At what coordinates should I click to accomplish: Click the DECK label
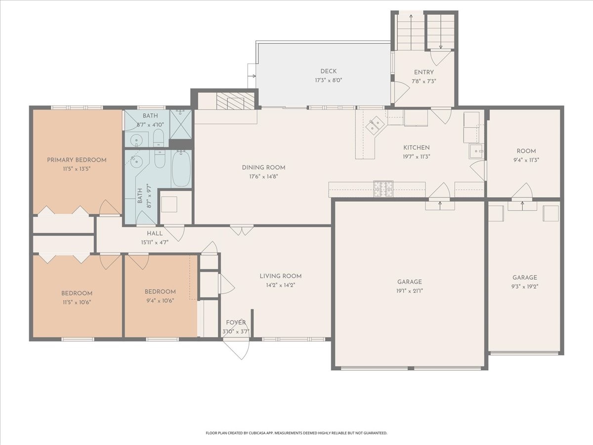[x=328, y=71]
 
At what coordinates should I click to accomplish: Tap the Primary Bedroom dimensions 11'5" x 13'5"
[x=77, y=169]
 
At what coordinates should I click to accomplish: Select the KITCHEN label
[x=416, y=148]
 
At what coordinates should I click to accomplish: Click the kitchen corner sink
[x=374, y=125]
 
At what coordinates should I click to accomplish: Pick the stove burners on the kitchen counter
[x=383, y=188]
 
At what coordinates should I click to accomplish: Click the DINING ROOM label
[x=263, y=168]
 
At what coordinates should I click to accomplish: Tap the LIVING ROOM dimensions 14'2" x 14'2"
[x=280, y=285]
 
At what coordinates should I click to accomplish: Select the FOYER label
[x=236, y=322]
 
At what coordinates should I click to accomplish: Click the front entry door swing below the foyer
[x=236, y=349]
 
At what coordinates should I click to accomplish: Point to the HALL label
[x=155, y=233]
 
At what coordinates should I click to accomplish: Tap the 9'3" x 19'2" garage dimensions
[x=525, y=287]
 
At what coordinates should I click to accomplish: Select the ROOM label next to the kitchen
[x=526, y=151]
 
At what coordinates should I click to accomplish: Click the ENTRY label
[x=424, y=72]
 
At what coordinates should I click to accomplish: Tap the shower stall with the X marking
[x=181, y=125]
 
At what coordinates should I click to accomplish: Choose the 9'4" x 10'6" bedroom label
[x=160, y=296]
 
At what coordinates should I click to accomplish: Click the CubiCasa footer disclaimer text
[x=296, y=433]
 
